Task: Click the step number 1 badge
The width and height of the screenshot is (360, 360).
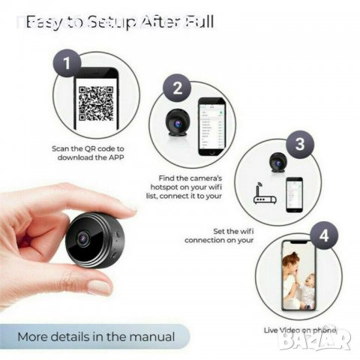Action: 69,64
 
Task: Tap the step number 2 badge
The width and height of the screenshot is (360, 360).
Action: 178,88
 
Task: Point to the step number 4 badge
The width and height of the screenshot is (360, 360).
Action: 323,235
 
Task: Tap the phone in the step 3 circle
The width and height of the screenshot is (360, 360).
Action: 295,196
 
